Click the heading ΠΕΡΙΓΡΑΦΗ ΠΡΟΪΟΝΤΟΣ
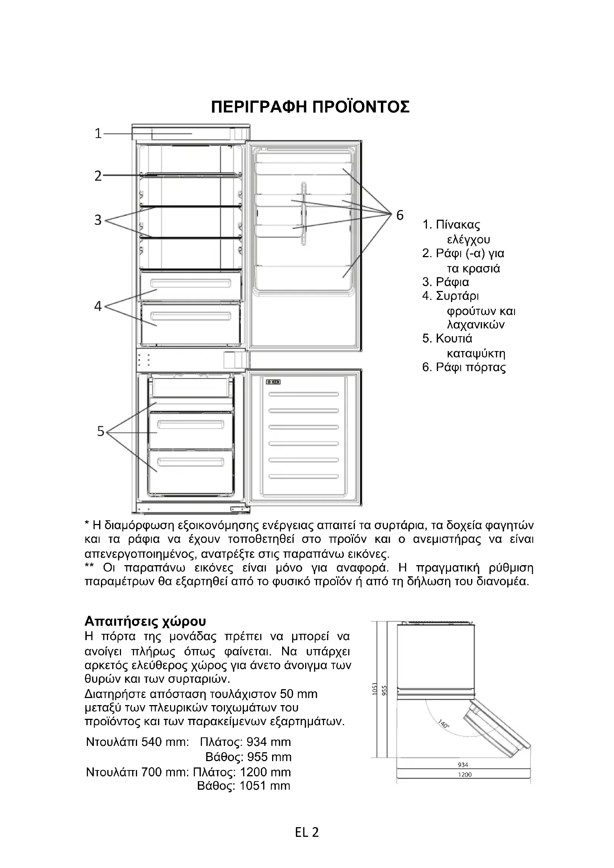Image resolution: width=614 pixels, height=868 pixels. pyautogui.click(x=310, y=107)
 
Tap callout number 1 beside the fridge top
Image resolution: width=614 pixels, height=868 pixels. pyautogui.click(x=98, y=134)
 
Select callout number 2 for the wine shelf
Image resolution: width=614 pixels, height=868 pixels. pyautogui.click(x=98, y=176)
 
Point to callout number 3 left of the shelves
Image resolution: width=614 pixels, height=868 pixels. pyautogui.click(x=98, y=220)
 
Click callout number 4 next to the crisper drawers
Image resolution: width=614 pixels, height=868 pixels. pyautogui.click(x=98, y=306)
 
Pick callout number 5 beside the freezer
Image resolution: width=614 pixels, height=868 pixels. pyautogui.click(x=100, y=431)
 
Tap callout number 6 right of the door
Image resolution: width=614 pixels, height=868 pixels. pyautogui.click(x=400, y=215)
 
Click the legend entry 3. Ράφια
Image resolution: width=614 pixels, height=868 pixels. pyautogui.click(x=445, y=282)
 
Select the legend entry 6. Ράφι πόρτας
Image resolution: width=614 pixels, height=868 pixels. pyautogui.click(x=464, y=367)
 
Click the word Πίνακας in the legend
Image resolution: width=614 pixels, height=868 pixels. pyautogui.click(x=458, y=225)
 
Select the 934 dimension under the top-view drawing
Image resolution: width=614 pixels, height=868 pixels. pyautogui.click(x=463, y=764)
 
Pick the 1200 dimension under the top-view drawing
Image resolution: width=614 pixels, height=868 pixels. pyautogui.click(x=465, y=774)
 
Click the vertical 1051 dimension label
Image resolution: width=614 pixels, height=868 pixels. pyautogui.click(x=375, y=689)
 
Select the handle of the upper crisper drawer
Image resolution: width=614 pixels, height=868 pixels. pyautogui.click(x=190, y=283)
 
